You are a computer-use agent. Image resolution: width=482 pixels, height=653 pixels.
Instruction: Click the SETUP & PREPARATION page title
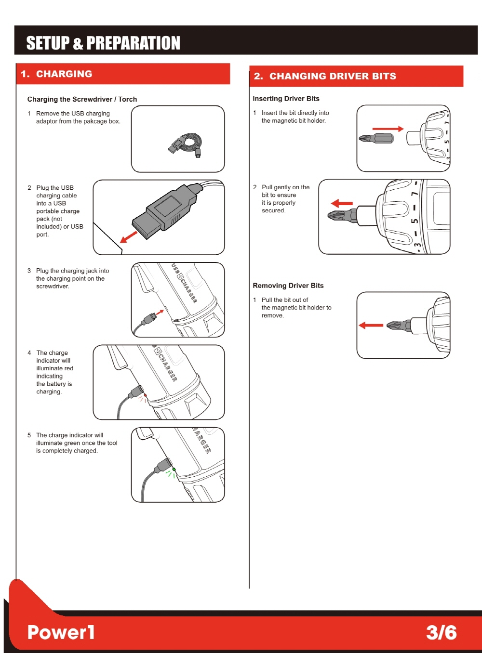[x=103, y=43]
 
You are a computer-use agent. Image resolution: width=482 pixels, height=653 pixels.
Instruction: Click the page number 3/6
[x=441, y=632]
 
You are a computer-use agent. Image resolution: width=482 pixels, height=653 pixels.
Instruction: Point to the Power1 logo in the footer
[x=61, y=632]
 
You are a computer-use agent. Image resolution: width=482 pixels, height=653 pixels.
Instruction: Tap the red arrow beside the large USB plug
[x=129, y=236]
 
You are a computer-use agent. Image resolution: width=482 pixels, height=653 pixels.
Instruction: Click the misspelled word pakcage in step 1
[x=95, y=121]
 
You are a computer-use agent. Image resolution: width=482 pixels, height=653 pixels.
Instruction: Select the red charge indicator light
[x=145, y=395]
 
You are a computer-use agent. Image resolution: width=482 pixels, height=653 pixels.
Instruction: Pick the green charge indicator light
[x=174, y=469]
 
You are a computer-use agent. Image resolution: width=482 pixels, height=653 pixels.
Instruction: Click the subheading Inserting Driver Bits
[x=286, y=99]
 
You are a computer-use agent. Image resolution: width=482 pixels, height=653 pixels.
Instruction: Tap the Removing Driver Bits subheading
[x=288, y=286]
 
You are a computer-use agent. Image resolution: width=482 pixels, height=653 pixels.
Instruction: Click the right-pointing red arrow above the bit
[x=388, y=129]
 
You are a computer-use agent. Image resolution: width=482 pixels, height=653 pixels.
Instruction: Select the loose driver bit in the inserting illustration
[x=376, y=139]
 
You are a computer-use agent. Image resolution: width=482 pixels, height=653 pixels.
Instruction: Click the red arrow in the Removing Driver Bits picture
[x=371, y=326]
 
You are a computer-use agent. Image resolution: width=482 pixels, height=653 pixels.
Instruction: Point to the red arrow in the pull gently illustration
[x=342, y=203]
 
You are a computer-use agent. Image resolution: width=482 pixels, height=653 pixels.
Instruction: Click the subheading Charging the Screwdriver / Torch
[x=82, y=99]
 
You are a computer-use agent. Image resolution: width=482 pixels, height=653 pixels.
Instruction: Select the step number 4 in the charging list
[x=29, y=353]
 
